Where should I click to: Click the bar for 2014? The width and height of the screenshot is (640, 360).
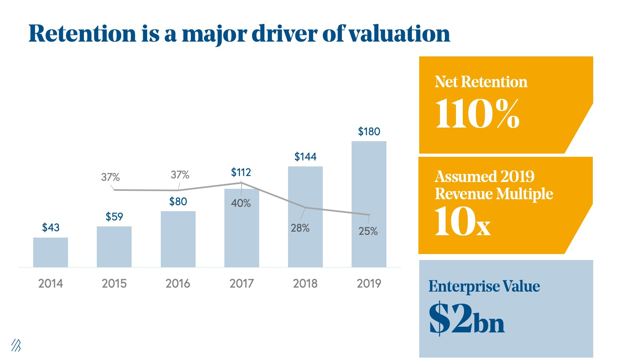pos(50,252)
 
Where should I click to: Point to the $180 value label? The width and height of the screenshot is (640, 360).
pos(369,132)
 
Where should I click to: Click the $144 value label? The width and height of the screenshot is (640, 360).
pos(305,157)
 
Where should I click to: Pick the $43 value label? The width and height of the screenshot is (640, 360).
pos(50,228)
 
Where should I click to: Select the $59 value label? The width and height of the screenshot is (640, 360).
pos(114,217)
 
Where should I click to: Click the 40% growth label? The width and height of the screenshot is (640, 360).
pos(241,203)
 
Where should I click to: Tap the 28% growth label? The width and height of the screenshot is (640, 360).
pos(300,228)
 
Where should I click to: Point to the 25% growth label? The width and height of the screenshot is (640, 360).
pos(368,231)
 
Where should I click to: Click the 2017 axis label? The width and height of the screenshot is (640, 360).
pos(242,284)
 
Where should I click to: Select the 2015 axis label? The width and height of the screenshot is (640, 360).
pos(114,284)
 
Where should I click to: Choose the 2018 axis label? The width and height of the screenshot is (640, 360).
pos(305,284)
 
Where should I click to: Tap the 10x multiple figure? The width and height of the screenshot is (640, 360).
pos(462,222)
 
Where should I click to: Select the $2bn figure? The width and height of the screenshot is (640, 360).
pos(466,319)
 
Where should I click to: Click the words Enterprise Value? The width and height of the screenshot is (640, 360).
pos(484,286)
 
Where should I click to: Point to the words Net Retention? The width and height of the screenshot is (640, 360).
pos(481,82)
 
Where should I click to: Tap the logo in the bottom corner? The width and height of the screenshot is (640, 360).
pos(16,346)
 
